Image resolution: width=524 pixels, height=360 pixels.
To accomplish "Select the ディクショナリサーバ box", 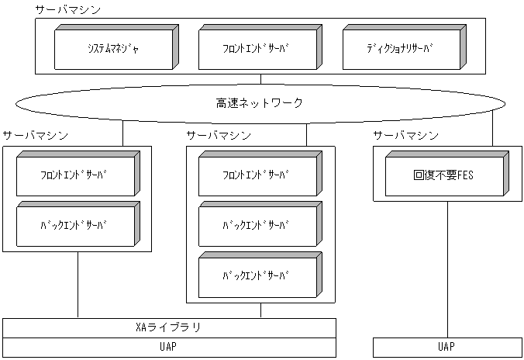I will pos(400,47).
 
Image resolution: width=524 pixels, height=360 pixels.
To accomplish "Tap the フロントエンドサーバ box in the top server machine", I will pos(257,47).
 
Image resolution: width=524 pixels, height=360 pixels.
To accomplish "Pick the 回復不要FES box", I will pos(443,175).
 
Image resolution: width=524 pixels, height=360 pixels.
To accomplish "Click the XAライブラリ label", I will pos(168,327).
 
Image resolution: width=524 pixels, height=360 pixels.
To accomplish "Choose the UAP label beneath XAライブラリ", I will pos(168,347).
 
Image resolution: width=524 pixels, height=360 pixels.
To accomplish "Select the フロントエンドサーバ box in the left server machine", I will pos(74,175).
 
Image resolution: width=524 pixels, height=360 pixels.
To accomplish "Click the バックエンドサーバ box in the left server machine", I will pos(74,225).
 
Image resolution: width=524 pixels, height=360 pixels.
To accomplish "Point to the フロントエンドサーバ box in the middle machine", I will pos(256,175).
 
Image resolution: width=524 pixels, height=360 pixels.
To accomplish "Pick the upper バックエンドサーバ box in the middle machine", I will pos(256,225).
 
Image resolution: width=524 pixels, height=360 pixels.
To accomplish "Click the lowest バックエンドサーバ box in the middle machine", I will pos(256,275).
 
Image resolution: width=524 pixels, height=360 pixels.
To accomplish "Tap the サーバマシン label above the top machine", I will pos(67,10).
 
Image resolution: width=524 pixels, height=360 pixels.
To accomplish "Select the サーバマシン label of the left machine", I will pos(35,135).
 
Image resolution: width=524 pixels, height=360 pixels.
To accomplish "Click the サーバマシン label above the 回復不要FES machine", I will pos(405,135).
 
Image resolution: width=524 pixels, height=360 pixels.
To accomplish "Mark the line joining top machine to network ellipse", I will pos(260,78).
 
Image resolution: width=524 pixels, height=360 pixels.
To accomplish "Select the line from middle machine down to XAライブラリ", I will pos(260,310).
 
